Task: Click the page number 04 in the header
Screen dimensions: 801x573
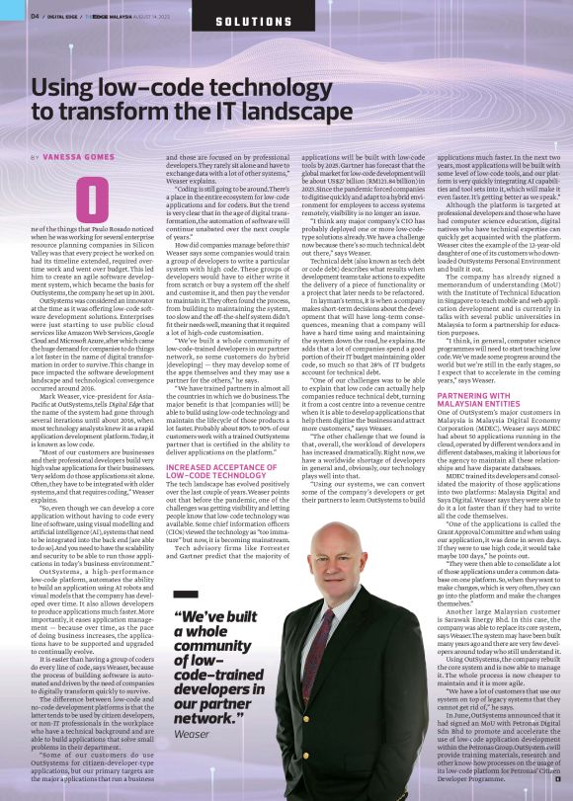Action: tap(34, 17)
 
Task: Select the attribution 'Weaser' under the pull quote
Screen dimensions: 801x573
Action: tap(190, 734)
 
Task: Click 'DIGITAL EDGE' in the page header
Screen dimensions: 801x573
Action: tap(66, 17)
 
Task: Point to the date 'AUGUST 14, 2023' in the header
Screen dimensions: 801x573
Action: tap(152, 17)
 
